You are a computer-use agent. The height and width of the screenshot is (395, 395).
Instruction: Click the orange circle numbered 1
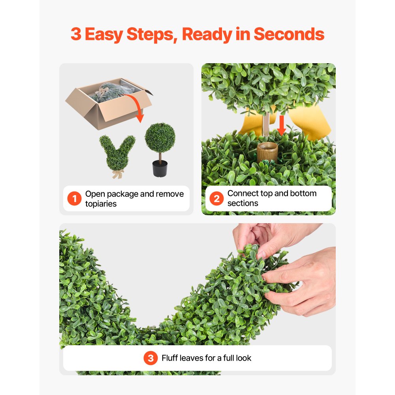click(74, 199)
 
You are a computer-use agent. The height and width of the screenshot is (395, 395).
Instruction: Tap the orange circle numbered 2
click(216, 199)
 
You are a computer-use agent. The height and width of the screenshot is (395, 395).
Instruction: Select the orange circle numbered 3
click(150, 358)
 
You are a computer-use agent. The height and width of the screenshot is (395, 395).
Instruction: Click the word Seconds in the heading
click(289, 34)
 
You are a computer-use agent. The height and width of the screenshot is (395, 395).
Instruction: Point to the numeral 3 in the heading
click(76, 34)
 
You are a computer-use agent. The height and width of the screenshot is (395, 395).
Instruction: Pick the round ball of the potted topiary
click(160, 136)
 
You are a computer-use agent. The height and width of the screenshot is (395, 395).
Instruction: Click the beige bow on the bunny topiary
click(117, 173)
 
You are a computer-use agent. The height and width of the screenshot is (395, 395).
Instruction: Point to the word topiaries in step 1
click(101, 204)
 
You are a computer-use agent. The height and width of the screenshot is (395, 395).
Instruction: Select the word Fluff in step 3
click(170, 358)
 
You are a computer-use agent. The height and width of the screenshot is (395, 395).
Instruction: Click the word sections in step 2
click(243, 203)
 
